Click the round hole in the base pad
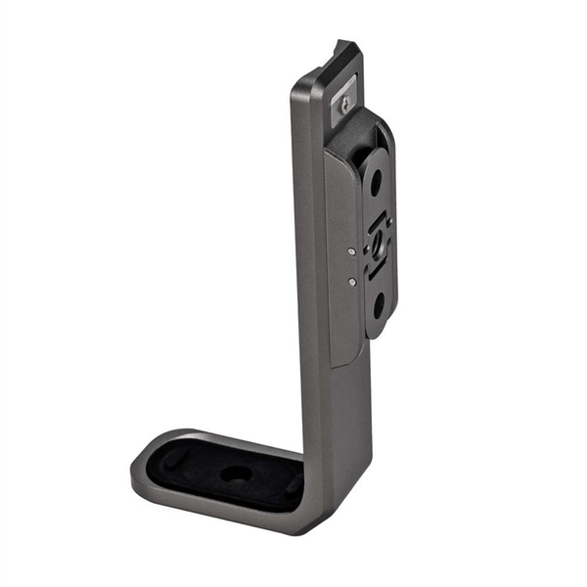coord(236,474)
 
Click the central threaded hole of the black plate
coord(376,242)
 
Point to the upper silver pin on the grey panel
coord(351,251)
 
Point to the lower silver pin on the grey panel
coord(351,282)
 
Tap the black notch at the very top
coord(345,47)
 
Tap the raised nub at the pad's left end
coord(172,455)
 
